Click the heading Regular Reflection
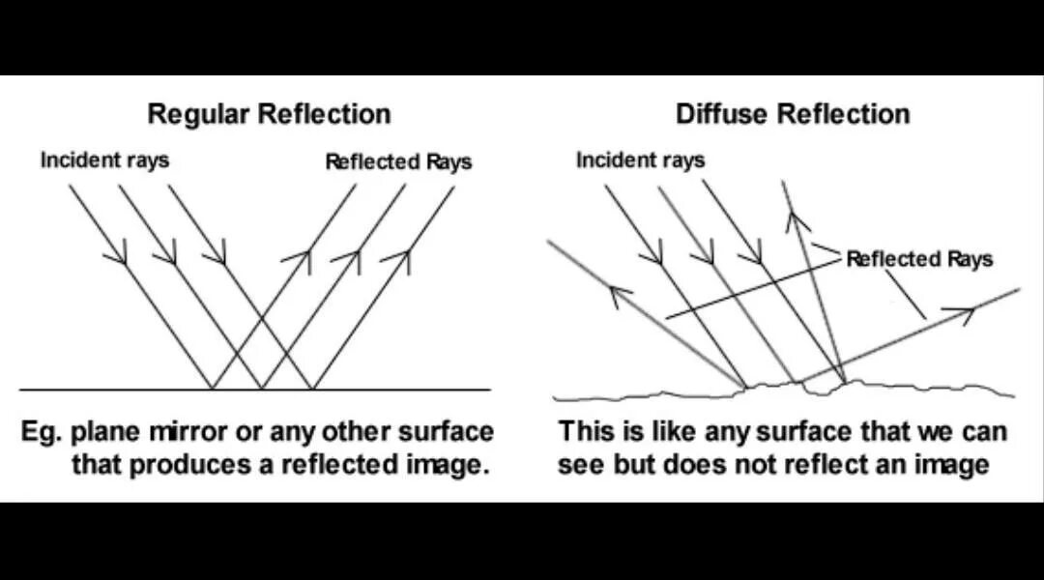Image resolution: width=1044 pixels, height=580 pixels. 269,114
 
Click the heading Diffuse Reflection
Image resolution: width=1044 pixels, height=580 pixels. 792,114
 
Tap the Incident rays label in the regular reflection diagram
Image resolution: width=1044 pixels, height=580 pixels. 104,159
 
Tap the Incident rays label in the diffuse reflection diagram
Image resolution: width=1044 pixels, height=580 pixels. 640,159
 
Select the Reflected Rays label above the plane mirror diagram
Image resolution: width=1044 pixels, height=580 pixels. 398,161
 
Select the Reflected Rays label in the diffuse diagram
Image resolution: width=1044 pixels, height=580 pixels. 918,259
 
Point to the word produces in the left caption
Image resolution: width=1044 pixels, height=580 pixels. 203,465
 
